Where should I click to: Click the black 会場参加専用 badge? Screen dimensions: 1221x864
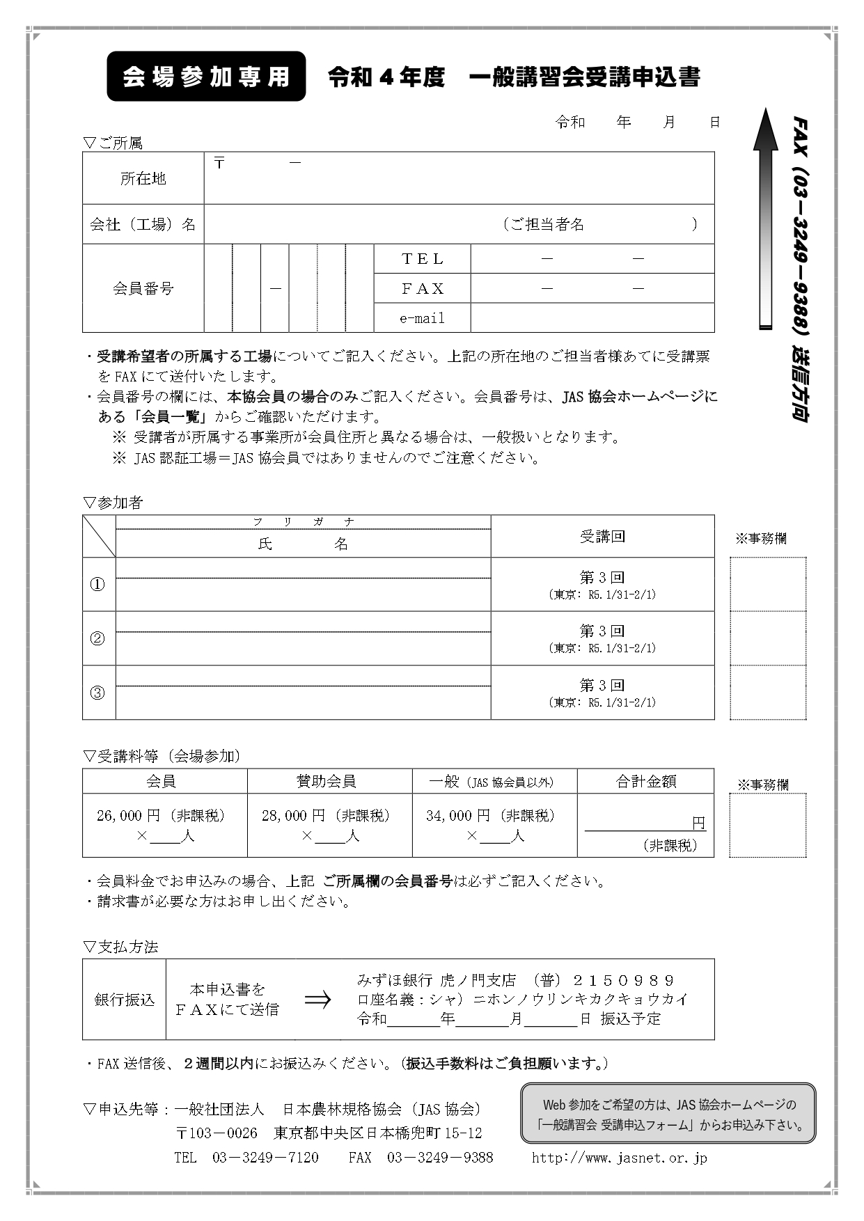tap(206, 77)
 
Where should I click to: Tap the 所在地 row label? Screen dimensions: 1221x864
tap(143, 179)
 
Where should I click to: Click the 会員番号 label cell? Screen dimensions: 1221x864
tap(143, 288)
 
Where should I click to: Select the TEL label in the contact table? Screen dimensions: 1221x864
tap(423, 259)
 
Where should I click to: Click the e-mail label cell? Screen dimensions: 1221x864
tap(423, 318)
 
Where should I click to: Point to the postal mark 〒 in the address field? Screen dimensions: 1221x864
tap(220, 164)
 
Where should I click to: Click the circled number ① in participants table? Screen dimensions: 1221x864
tap(98, 585)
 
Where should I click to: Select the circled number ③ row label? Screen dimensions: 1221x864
tap(98, 693)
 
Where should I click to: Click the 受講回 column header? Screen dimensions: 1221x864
tap(602, 537)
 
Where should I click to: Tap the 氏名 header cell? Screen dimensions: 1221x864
tap(303, 544)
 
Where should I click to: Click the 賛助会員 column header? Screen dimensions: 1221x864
tap(327, 781)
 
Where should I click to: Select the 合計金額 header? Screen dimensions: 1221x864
tap(645, 781)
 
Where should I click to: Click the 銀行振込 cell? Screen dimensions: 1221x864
tap(125, 1000)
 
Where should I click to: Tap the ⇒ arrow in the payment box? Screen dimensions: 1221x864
tap(317, 1000)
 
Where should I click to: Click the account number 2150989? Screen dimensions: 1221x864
tap(623, 980)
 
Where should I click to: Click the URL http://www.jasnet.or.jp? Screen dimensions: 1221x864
tap(620, 1158)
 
